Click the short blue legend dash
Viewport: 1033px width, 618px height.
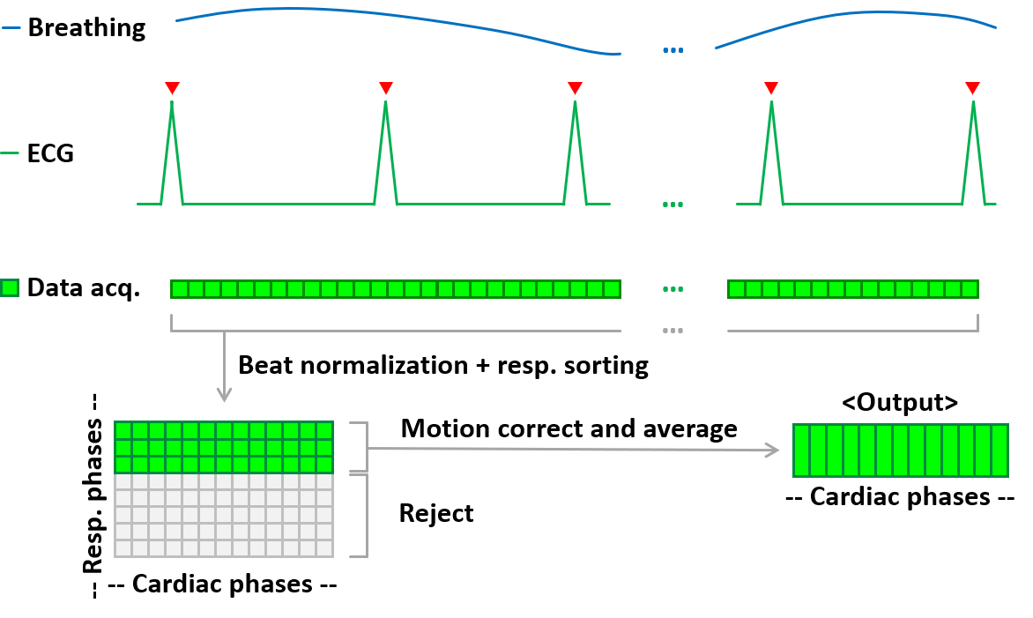pyautogui.click(x=11, y=28)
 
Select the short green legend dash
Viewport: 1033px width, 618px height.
pyautogui.click(x=10, y=153)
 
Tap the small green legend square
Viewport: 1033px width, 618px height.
pyautogui.click(x=10, y=287)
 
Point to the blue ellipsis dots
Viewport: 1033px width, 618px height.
pyautogui.click(x=673, y=50)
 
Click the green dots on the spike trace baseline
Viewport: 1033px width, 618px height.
pyautogui.click(x=673, y=205)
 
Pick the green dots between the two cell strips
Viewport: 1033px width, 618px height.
pyautogui.click(x=673, y=289)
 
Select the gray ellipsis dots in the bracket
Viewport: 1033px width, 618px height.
pyautogui.click(x=673, y=331)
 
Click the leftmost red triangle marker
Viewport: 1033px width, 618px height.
pyautogui.click(x=172, y=88)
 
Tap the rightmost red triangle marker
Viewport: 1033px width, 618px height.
pyautogui.click(x=972, y=88)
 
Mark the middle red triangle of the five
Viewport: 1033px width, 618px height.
pyautogui.click(x=575, y=88)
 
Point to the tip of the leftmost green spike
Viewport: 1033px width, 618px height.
pyautogui.click(x=172, y=103)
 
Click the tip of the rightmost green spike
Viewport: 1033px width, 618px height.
pyautogui.click(x=973, y=103)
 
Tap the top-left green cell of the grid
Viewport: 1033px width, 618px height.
pyautogui.click(x=123, y=430)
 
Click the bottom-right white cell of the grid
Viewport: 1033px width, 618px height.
pyautogui.click(x=324, y=548)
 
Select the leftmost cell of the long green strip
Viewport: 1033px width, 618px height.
pyautogui.click(x=180, y=289)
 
